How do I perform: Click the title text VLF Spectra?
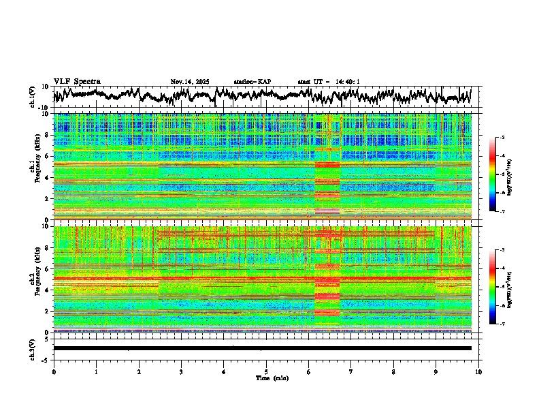coord(77,82)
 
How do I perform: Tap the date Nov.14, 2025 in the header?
coord(190,82)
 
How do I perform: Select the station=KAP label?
coord(252,82)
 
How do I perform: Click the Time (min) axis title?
coord(266,377)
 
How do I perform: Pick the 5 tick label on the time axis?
coord(266,371)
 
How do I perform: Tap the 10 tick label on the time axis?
coord(478,371)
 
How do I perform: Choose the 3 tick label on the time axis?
coord(181,371)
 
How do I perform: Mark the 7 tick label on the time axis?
coord(351,371)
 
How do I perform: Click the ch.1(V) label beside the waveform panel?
coord(33,96)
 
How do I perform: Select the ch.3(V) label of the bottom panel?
coord(33,347)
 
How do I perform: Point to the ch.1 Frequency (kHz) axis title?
coord(35,166)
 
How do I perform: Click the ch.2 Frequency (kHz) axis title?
coord(35,279)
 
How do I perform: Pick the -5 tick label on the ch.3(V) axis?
coord(45,359)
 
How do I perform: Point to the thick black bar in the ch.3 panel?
coord(263,348)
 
